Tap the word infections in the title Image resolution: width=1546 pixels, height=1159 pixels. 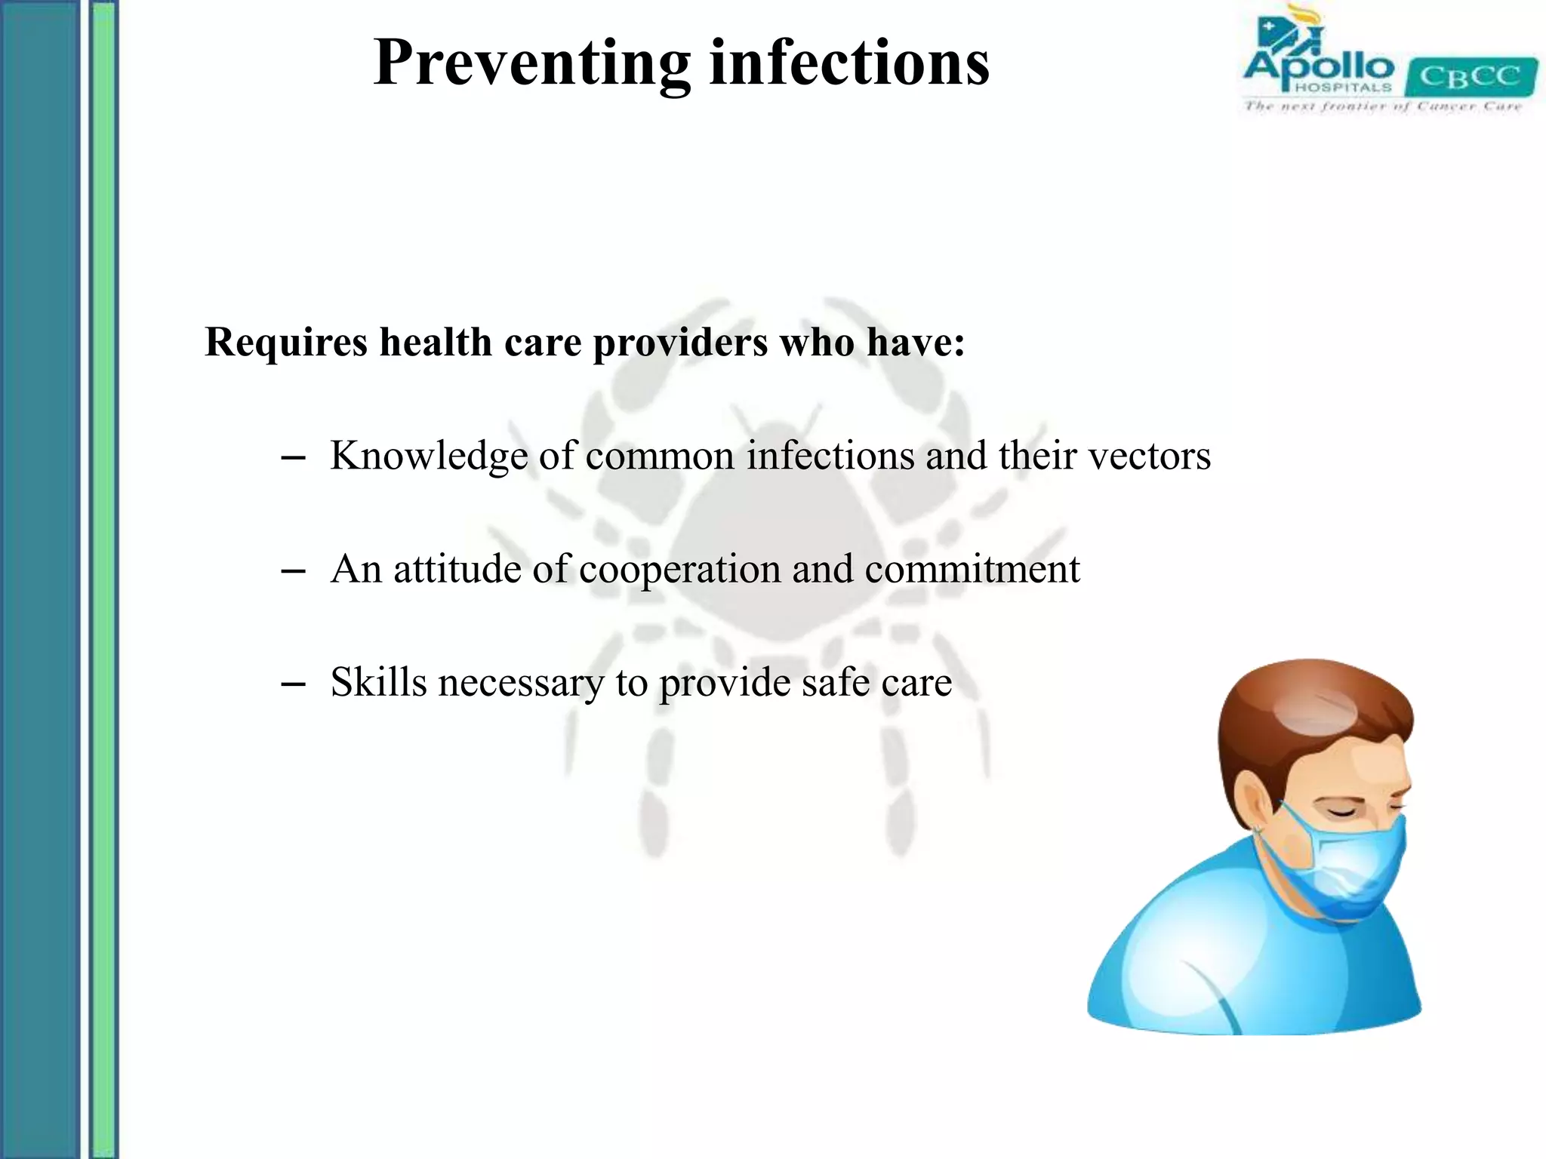click(849, 63)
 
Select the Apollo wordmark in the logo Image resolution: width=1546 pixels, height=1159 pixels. click(1318, 66)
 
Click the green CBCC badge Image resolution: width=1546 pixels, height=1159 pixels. click(1471, 77)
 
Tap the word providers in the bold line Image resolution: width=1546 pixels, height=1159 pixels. click(680, 343)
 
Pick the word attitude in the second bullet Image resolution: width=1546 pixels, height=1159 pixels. click(457, 570)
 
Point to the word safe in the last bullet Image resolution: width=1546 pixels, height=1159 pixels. click(824, 682)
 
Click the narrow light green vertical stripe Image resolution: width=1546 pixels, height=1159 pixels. click(104, 579)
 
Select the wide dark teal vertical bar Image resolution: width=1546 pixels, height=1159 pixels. click(39, 579)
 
